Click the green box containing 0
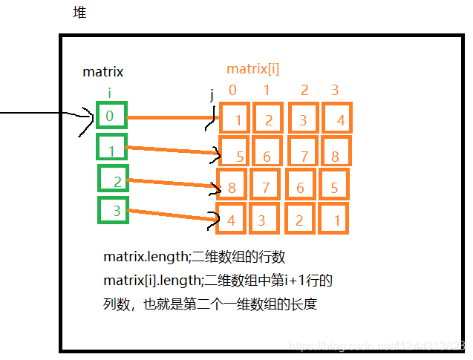pyautogui.click(x=111, y=116)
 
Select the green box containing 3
pyautogui.click(x=114, y=210)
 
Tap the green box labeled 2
pyautogui.click(x=114, y=180)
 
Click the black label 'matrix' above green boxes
pyautogui.click(x=102, y=72)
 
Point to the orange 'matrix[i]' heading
pyautogui.click(x=252, y=70)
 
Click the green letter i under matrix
pyautogui.click(x=110, y=94)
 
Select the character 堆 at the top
pyautogui.click(x=79, y=13)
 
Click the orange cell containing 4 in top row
pyautogui.click(x=337, y=119)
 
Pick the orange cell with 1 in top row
pyautogui.click(x=235, y=119)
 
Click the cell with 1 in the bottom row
pyautogui.click(x=336, y=219)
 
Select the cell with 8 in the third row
pyautogui.click(x=232, y=186)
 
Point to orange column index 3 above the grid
pyautogui.click(x=335, y=91)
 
